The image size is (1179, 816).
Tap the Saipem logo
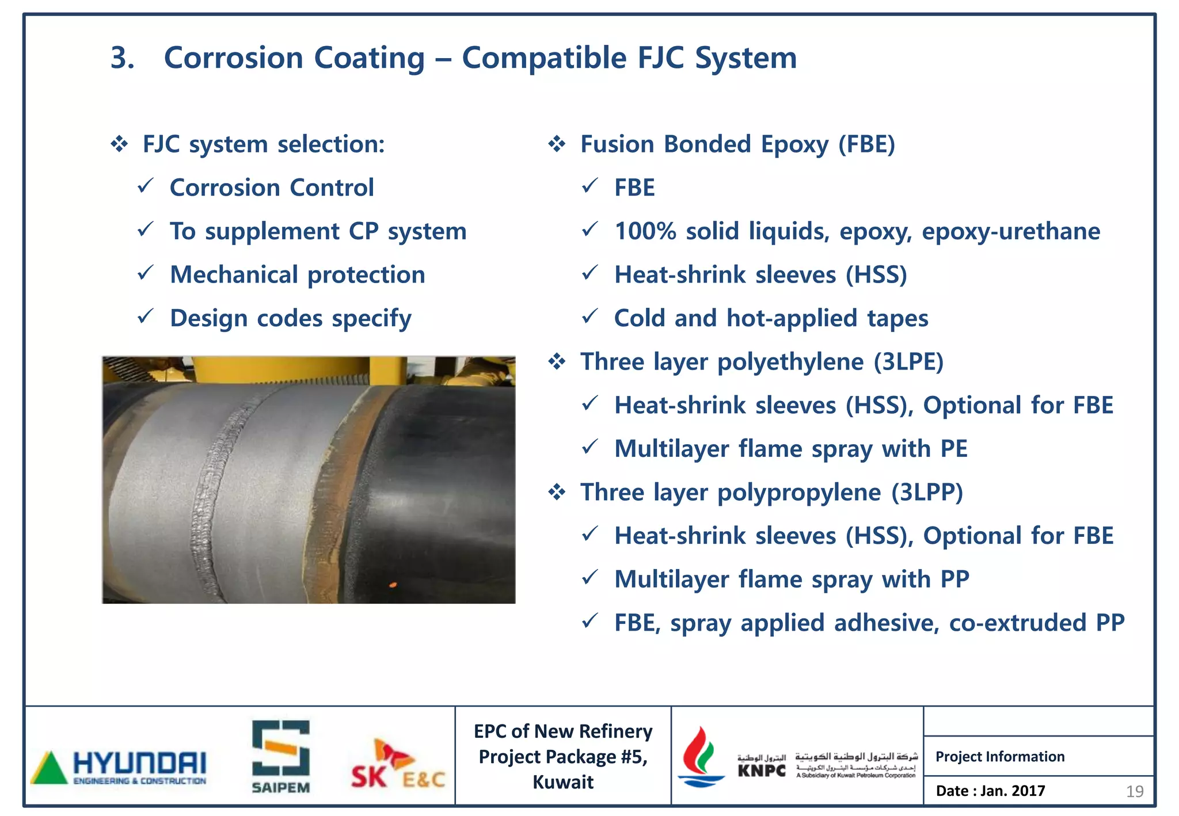[281, 756]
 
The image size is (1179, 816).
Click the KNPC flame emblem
[700, 756]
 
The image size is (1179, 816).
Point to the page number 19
[1134, 792]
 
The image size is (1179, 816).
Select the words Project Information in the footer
[1000, 756]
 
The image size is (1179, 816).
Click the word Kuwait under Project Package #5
[562, 782]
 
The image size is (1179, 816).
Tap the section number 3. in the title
[122, 58]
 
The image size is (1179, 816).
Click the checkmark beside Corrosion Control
[146, 186]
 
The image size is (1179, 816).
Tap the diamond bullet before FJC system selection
[119, 144]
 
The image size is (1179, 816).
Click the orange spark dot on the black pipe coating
[393, 585]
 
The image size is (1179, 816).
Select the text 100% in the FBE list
[645, 231]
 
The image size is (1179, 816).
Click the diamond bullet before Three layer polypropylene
[557, 493]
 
